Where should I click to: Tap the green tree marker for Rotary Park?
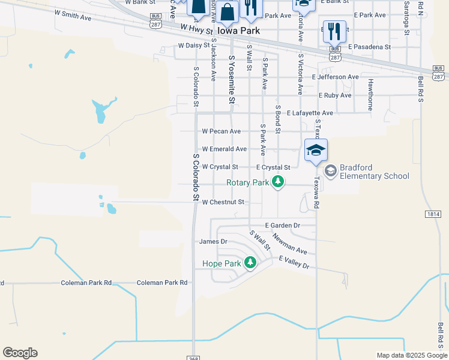coord(277,181)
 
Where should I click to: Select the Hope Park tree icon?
coord(250,262)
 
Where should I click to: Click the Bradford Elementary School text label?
coord(374,172)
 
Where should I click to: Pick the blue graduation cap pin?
coord(316,150)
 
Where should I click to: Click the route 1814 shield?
coord(435,214)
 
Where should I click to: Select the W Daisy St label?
coord(194,45)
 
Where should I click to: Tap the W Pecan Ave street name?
coord(221,131)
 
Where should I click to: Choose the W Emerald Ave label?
coord(224,149)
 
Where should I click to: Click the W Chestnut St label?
coord(223,202)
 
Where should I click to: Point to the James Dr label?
coord(213,242)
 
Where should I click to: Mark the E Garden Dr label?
coord(282,225)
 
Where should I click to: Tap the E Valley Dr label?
coord(294,262)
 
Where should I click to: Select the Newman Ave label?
coord(290,243)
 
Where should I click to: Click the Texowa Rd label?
coord(316,196)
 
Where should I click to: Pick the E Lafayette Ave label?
coord(309,113)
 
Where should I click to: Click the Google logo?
coord(20,353)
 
